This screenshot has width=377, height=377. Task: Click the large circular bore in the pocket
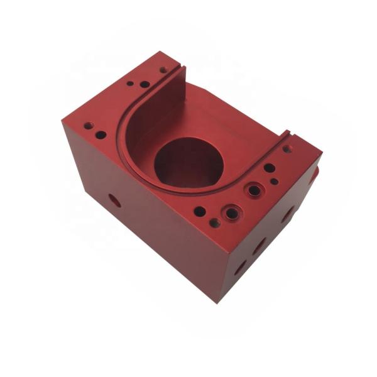click(188, 162)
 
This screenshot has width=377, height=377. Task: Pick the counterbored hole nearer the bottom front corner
click(232, 213)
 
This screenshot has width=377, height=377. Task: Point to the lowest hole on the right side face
click(239, 268)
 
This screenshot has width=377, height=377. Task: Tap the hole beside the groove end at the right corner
click(287, 149)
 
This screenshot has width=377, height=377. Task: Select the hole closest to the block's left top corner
click(88, 125)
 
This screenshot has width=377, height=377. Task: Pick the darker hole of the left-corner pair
click(101, 134)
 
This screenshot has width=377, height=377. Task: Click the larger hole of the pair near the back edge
click(145, 84)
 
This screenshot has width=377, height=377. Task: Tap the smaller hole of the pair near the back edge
click(130, 82)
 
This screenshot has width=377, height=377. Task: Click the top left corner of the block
click(62, 121)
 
